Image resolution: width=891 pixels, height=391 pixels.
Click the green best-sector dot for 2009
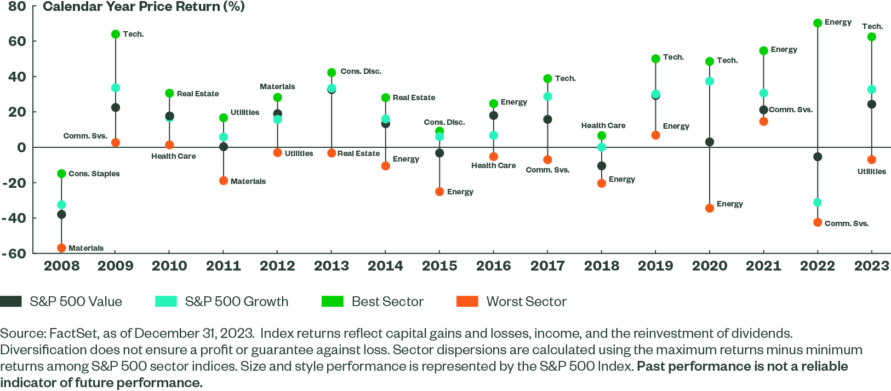click(116, 34)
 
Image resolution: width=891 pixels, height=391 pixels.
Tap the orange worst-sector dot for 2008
click(61, 248)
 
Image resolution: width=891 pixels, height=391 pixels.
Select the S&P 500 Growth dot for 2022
click(818, 203)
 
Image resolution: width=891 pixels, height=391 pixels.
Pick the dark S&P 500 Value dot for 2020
click(710, 142)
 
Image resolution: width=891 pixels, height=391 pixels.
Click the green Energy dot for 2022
click(818, 23)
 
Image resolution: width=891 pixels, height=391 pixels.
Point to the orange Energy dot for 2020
click(710, 208)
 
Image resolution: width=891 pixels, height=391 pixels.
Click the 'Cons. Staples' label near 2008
click(94, 174)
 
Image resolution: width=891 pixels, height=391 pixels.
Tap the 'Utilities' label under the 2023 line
click(871, 171)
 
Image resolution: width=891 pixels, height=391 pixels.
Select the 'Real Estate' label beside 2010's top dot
click(197, 94)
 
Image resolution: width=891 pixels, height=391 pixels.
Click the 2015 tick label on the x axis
click(439, 266)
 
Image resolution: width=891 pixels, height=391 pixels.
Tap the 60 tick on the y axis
click(17, 41)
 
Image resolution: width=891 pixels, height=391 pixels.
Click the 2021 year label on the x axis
click(763, 266)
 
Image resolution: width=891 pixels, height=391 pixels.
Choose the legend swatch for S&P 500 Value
click(11, 302)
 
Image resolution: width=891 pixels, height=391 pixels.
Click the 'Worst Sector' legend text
click(526, 302)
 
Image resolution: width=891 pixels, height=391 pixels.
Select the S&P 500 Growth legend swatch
click(166, 302)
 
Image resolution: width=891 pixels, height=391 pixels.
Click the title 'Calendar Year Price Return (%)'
click(144, 7)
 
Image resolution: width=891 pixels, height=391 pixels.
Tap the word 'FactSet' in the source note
click(68, 334)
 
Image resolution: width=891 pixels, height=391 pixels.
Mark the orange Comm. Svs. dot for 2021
click(763, 122)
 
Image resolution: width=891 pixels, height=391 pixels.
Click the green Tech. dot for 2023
click(871, 37)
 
